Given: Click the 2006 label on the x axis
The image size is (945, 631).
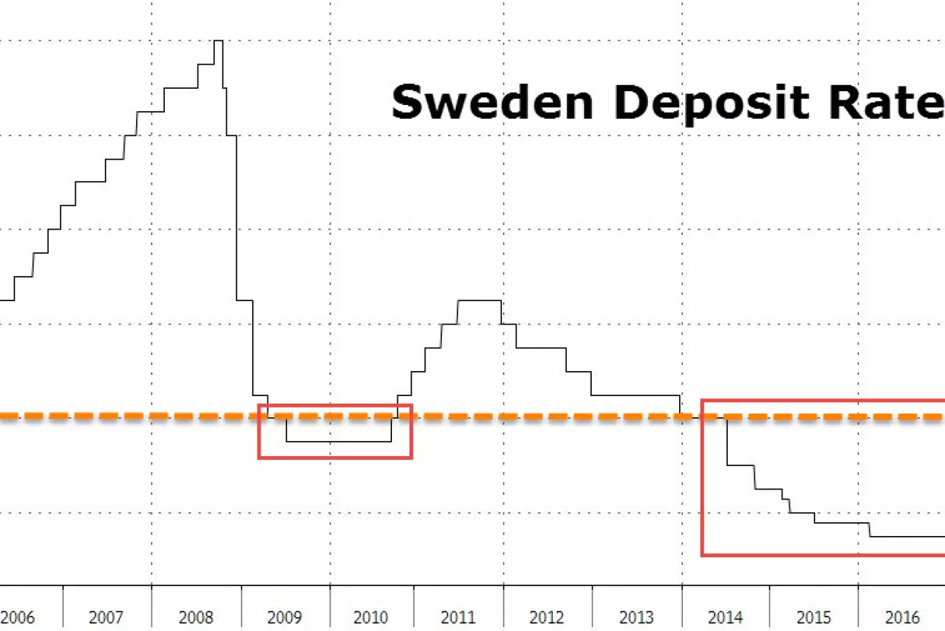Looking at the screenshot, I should coord(19,617).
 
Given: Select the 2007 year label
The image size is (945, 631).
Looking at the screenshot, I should coord(106,617).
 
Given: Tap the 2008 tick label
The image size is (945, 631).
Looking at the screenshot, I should coord(196,617).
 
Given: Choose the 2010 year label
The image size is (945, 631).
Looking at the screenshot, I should coord(371,617).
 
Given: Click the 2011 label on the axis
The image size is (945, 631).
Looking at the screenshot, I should coord(459,617).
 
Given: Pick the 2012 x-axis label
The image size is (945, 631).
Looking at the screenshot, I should coord(547,617).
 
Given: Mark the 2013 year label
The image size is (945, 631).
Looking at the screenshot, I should coord(637,617).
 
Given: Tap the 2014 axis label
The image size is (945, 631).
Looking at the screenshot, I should coord(725,617).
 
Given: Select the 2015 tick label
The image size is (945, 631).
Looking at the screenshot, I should coord(813,617).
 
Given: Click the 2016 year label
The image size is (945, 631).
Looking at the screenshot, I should coord(902,617).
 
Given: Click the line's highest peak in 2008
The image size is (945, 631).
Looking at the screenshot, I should coord(218,41).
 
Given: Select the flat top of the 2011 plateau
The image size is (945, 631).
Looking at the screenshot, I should coord(479,301).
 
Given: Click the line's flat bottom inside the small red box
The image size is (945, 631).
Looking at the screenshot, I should coord(338,441).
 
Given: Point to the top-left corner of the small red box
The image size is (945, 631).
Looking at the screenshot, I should coord(259,405).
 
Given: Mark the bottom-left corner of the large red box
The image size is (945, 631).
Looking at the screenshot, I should coord(703,555).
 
